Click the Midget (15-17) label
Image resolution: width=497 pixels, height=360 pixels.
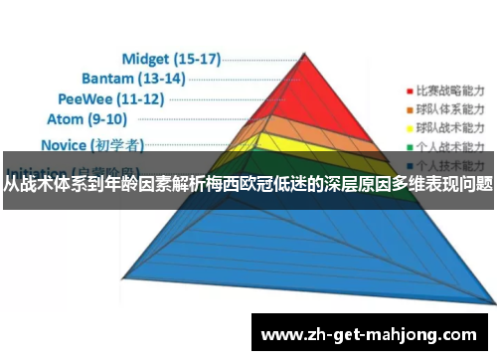pyautogui.click(x=170, y=58)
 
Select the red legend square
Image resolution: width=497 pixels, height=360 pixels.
pyautogui.click(x=410, y=87)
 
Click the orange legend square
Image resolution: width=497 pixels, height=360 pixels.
pyautogui.click(x=410, y=107)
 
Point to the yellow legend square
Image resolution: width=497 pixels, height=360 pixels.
pyautogui.click(x=410, y=128)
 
